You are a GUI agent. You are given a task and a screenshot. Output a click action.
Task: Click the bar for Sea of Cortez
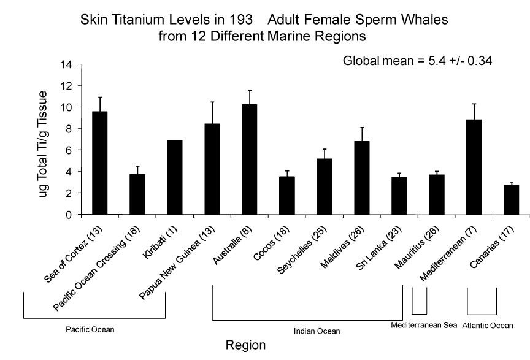coord(99,163)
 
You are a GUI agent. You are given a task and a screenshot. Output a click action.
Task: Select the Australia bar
coord(250,159)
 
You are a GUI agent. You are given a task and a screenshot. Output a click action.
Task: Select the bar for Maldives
coord(362,178)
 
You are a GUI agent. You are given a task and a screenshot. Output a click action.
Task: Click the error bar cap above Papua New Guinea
coord(212,102)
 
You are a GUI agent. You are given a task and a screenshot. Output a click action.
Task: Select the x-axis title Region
coord(245,345)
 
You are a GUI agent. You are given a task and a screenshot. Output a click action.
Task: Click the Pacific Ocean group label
coord(90,329)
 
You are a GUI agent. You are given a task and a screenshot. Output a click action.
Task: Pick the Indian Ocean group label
coord(317,331)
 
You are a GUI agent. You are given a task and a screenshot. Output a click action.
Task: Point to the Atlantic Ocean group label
coord(488,326)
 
